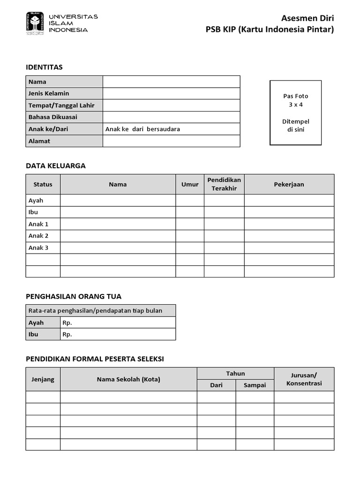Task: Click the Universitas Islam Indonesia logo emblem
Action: tap(35, 23)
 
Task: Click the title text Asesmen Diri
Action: tap(307, 18)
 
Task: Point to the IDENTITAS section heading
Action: tap(44, 67)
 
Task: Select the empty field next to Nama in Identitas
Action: tap(171, 82)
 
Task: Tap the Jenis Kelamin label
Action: tap(49, 93)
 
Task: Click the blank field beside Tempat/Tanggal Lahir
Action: tap(171, 105)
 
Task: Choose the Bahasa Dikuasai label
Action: tap(53, 117)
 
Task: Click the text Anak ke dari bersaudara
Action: tap(142, 129)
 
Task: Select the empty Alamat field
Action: tap(171, 141)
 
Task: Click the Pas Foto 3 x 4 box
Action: tap(295, 112)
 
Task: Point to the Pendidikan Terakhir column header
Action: tap(224, 184)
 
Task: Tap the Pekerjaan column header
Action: tap(289, 184)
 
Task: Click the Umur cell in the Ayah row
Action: tap(190, 201)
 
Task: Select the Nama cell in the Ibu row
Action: tap(118, 212)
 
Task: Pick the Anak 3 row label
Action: tap(38, 247)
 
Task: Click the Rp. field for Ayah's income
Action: tap(118, 322)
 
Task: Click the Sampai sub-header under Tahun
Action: tap(255, 385)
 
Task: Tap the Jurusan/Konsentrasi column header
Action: tap(304, 379)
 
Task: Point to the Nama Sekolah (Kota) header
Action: tap(128, 379)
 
